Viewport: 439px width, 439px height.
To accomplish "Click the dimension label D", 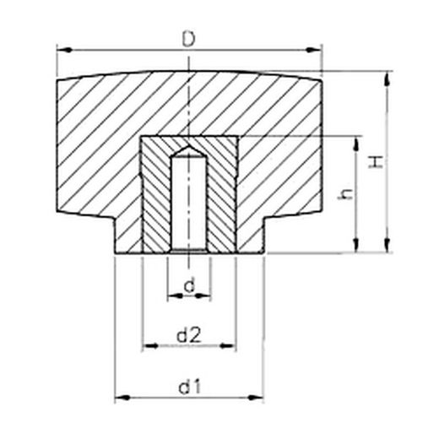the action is tap(188, 40).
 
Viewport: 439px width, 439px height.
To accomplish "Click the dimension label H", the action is tap(376, 162).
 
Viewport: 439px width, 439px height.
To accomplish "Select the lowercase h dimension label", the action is tap(345, 194).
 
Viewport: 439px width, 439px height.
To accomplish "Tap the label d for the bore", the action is tap(189, 285).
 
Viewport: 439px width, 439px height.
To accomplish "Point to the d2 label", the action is tap(188, 335).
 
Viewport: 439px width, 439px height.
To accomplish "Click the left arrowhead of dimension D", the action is tap(64, 50).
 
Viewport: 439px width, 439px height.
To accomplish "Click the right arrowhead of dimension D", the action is tap(314, 50).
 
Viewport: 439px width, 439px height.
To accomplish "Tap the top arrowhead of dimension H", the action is tap(388, 79).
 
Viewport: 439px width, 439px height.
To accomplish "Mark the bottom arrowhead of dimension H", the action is tap(388, 244).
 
